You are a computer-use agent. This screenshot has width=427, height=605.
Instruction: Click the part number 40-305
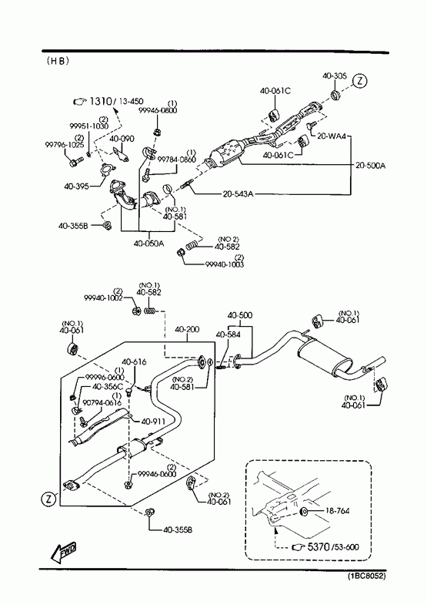point(334,76)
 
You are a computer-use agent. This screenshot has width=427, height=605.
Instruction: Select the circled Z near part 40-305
point(360,82)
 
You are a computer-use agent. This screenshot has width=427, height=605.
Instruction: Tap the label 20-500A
point(370,166)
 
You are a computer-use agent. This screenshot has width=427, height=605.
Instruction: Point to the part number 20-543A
point(238,193)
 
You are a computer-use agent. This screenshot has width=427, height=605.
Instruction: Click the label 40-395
point(77,187)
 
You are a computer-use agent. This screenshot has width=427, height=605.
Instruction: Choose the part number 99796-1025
point(59,145)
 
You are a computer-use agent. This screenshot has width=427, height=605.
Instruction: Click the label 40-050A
point(148,244)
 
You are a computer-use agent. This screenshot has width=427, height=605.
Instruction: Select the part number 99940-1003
point(225,264)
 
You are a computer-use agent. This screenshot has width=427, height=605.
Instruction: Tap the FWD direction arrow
point(64,550)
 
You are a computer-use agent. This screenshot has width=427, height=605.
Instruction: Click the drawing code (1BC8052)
point(366,576)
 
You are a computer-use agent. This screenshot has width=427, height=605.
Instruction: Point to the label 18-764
point(337,511)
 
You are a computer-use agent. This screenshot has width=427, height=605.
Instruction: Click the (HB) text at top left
point(58,61)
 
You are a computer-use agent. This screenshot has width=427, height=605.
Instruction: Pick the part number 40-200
point(187,329)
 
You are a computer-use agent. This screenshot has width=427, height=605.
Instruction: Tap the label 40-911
point(153,422)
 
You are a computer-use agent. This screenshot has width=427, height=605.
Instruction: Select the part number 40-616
point(134,361)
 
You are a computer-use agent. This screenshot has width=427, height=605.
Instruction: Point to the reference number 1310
point(101,102)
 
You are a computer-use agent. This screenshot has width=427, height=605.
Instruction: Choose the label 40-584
point(228,334)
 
